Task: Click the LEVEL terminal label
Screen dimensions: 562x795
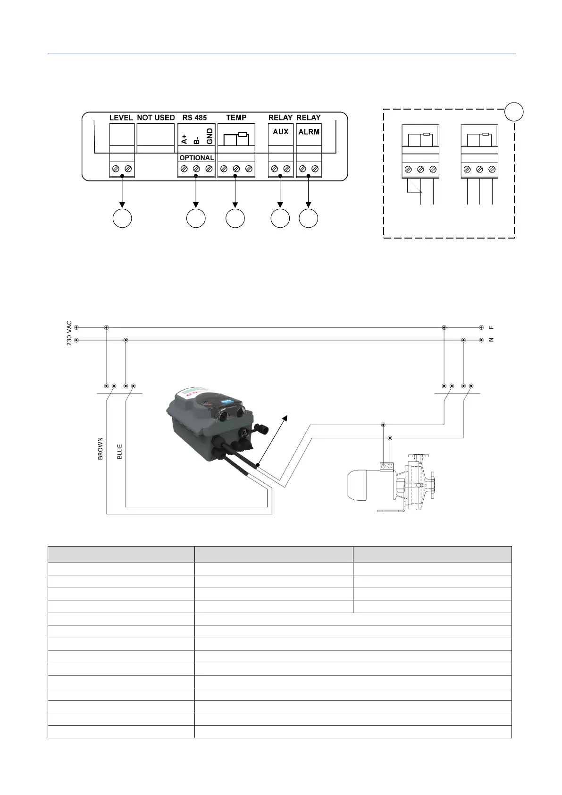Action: point(121,118)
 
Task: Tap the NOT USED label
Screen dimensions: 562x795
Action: point(156,118)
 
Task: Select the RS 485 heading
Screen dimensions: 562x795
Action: point(194,118)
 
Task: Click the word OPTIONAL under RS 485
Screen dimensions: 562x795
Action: point(196,158)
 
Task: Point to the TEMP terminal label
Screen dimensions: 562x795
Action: point(236,118)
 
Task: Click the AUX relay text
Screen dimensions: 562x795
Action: point(280,132)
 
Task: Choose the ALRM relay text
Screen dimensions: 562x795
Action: point(309,132)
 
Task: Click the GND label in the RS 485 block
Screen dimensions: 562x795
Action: point(210,138)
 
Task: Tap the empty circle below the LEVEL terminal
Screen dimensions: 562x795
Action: point(122,218)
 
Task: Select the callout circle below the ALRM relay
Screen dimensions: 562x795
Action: point(309,218)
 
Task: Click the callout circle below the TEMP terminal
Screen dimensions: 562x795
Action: point(235,218)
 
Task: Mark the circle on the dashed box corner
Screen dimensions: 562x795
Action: point(514,111)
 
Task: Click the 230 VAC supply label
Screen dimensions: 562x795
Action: point(69,333)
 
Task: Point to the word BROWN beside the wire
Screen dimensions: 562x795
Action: point(100,449)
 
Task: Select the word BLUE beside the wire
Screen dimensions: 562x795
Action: point(119,452)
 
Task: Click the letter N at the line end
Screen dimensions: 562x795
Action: point(491,340)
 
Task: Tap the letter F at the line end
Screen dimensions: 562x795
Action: point(491,327)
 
